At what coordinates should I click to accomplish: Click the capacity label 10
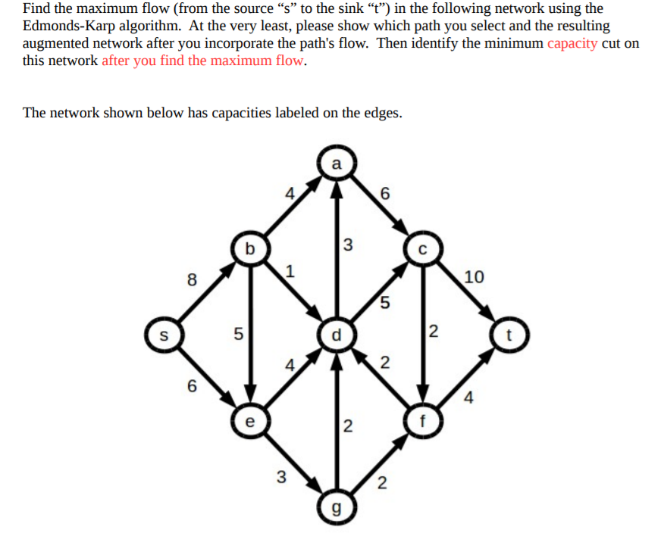click(474, 277)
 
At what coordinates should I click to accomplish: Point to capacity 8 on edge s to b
click(192, 279)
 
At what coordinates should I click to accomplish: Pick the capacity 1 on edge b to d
click(290, 271)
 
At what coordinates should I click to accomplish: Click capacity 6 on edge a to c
click(385, 194)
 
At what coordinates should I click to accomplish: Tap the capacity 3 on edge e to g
click(281, 477)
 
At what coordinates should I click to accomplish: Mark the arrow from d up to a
click(337, 249)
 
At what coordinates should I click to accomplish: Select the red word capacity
click(572, 43)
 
